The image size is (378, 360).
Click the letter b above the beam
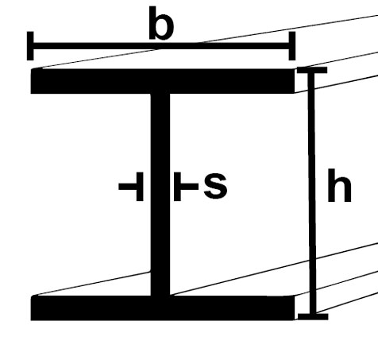(161, 23)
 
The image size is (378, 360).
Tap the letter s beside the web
(215, 185)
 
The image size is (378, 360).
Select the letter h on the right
(339, 185)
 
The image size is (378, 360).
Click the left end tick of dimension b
(30, 46)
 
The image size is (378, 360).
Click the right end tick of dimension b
(292, 46)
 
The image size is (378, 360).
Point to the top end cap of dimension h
(312, 70)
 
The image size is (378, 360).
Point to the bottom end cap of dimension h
(313, 316)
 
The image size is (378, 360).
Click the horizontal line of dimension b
(161, 46)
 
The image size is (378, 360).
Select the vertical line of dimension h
(312, 193)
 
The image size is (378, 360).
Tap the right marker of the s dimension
(186, 187)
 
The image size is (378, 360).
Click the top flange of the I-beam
(163, 81)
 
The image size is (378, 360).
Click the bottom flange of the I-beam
(163, 308)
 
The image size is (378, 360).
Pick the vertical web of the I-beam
(160, 195)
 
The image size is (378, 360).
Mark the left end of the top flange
(31, 81)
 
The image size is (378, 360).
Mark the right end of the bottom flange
(294, 308)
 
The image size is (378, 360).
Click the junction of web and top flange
(160, 94)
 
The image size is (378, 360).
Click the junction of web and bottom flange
(160, 296)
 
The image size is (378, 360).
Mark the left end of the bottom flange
(31, 308)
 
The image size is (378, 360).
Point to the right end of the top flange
(294, 81)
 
